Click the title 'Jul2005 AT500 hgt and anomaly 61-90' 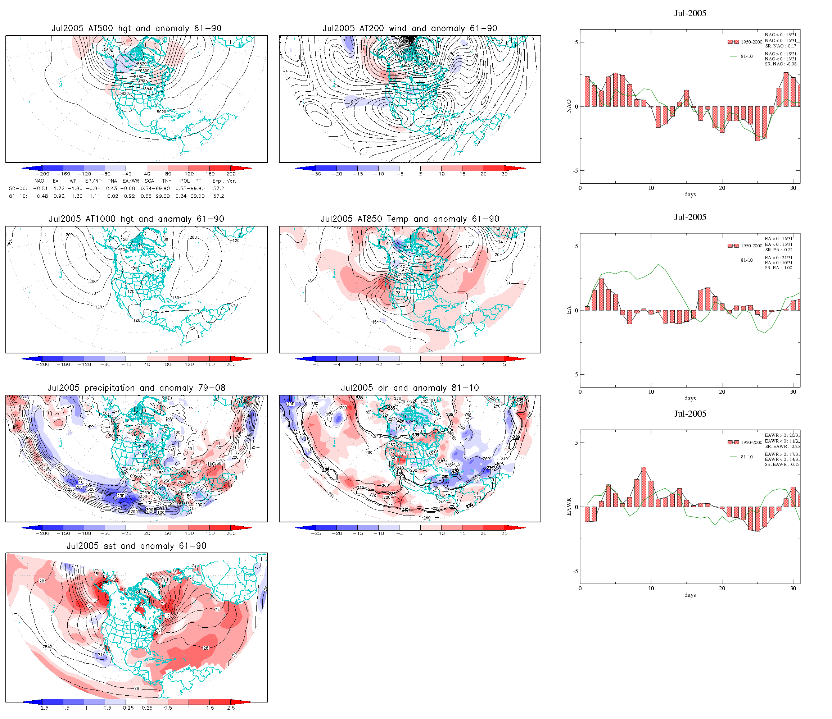coord(136,28)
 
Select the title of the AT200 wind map coord(410,28)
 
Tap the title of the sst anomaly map coord(136,546)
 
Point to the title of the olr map coord(410,388)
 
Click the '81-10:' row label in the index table coord(18,196)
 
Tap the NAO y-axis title coord(569,106)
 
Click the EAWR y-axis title coord(569,507)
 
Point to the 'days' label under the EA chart coord(690,398)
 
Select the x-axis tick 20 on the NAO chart coord(722,188)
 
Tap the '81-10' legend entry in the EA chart coord(746,260)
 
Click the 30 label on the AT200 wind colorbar coord(504,174)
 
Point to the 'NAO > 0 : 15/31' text coord(780,35)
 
